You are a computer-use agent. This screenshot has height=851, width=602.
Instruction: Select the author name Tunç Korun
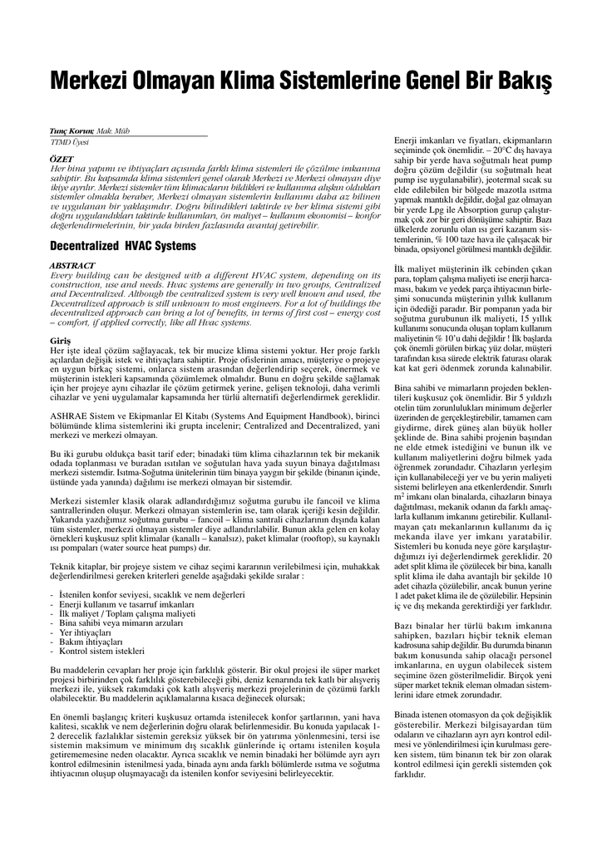tap(72, 133)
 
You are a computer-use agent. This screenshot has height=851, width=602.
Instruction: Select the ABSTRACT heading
tap(72, 265)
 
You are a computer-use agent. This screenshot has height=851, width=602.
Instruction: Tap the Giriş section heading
tap(61, 342)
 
